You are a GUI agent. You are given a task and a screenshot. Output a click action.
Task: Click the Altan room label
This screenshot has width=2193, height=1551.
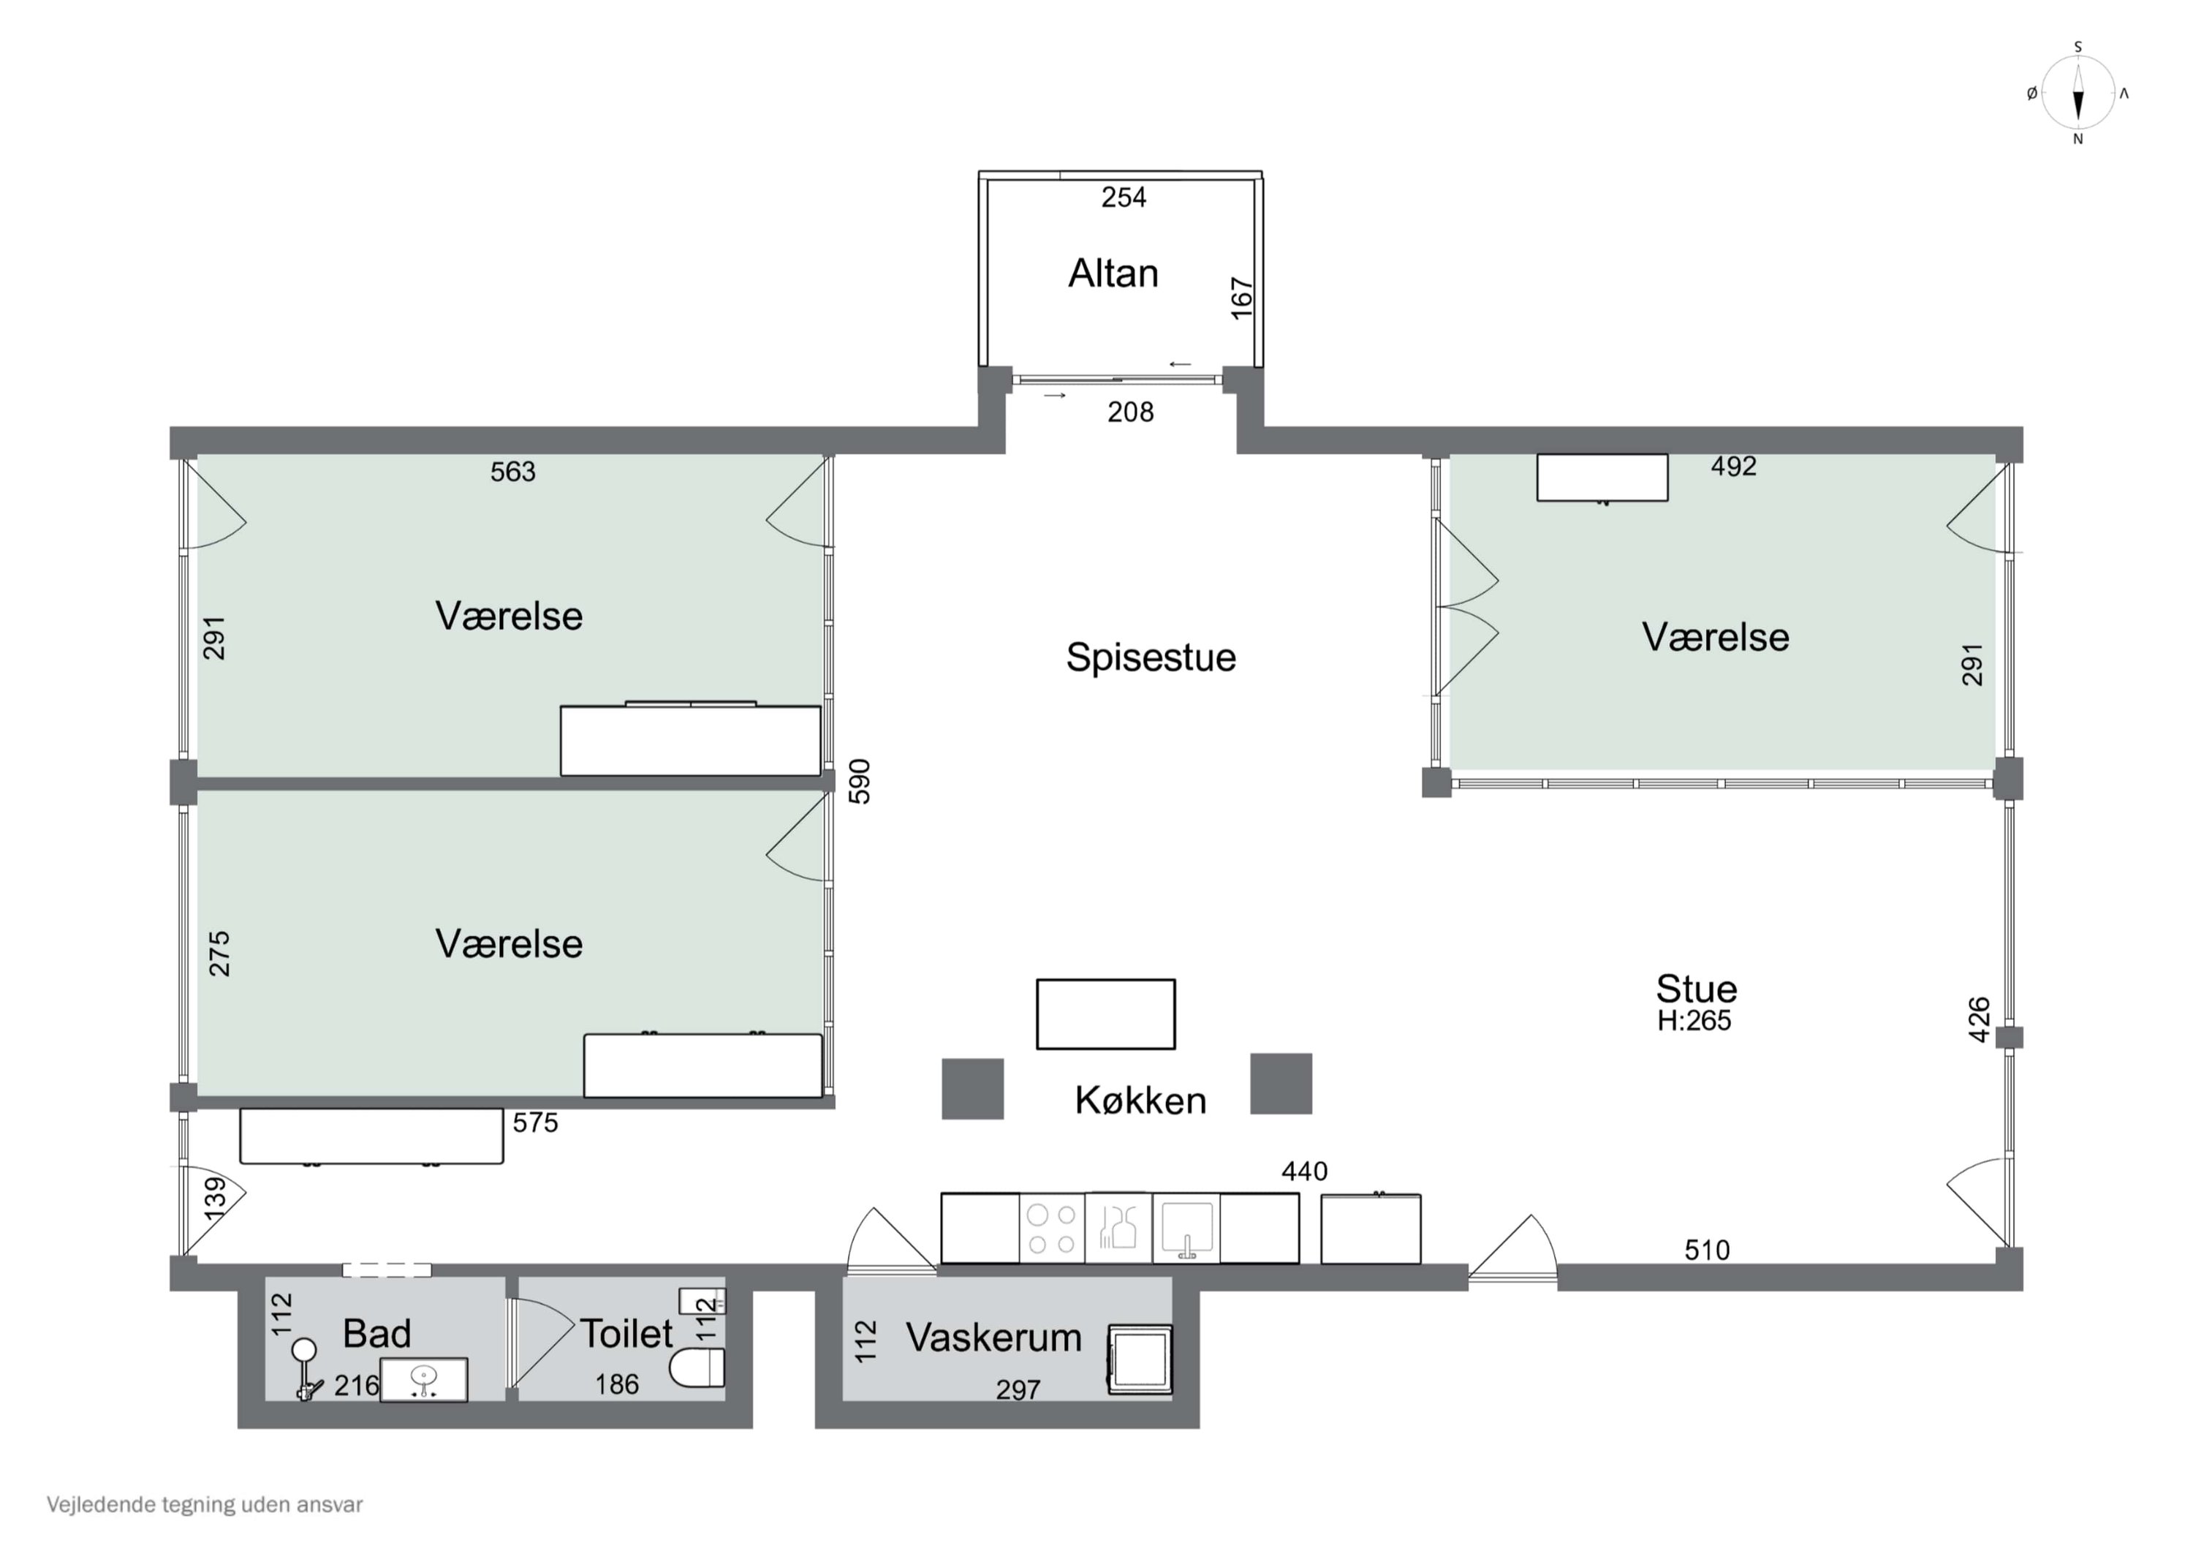1113,273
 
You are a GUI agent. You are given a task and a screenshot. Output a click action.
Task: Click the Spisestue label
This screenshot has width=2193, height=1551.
1150,657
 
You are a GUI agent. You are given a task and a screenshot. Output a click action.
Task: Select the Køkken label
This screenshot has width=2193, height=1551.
1140,1101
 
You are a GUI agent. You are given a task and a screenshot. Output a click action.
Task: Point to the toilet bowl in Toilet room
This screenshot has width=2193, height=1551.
697,1367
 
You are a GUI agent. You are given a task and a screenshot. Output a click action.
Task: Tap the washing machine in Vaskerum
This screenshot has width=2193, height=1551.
1140,1358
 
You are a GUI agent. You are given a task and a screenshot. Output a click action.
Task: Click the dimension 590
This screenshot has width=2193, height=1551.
860,781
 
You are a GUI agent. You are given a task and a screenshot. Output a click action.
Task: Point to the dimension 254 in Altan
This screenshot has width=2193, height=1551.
1124,198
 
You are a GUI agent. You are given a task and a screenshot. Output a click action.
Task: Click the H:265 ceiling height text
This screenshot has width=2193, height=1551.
1694,1021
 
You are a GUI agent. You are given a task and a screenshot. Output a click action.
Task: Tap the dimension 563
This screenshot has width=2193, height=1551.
513,472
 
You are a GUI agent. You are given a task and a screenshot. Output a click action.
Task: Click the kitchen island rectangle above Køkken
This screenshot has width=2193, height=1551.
1105,1014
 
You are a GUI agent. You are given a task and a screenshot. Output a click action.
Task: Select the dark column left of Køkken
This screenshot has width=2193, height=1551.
972,1088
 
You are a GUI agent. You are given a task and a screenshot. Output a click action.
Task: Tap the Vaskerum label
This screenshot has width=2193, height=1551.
993,1338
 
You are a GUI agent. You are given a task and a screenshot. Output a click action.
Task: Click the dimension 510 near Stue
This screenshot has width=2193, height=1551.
1706,1250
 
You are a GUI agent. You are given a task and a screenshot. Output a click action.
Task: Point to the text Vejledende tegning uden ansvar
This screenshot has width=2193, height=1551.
205,1505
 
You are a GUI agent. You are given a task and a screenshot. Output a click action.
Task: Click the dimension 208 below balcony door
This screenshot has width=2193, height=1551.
1130,412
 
